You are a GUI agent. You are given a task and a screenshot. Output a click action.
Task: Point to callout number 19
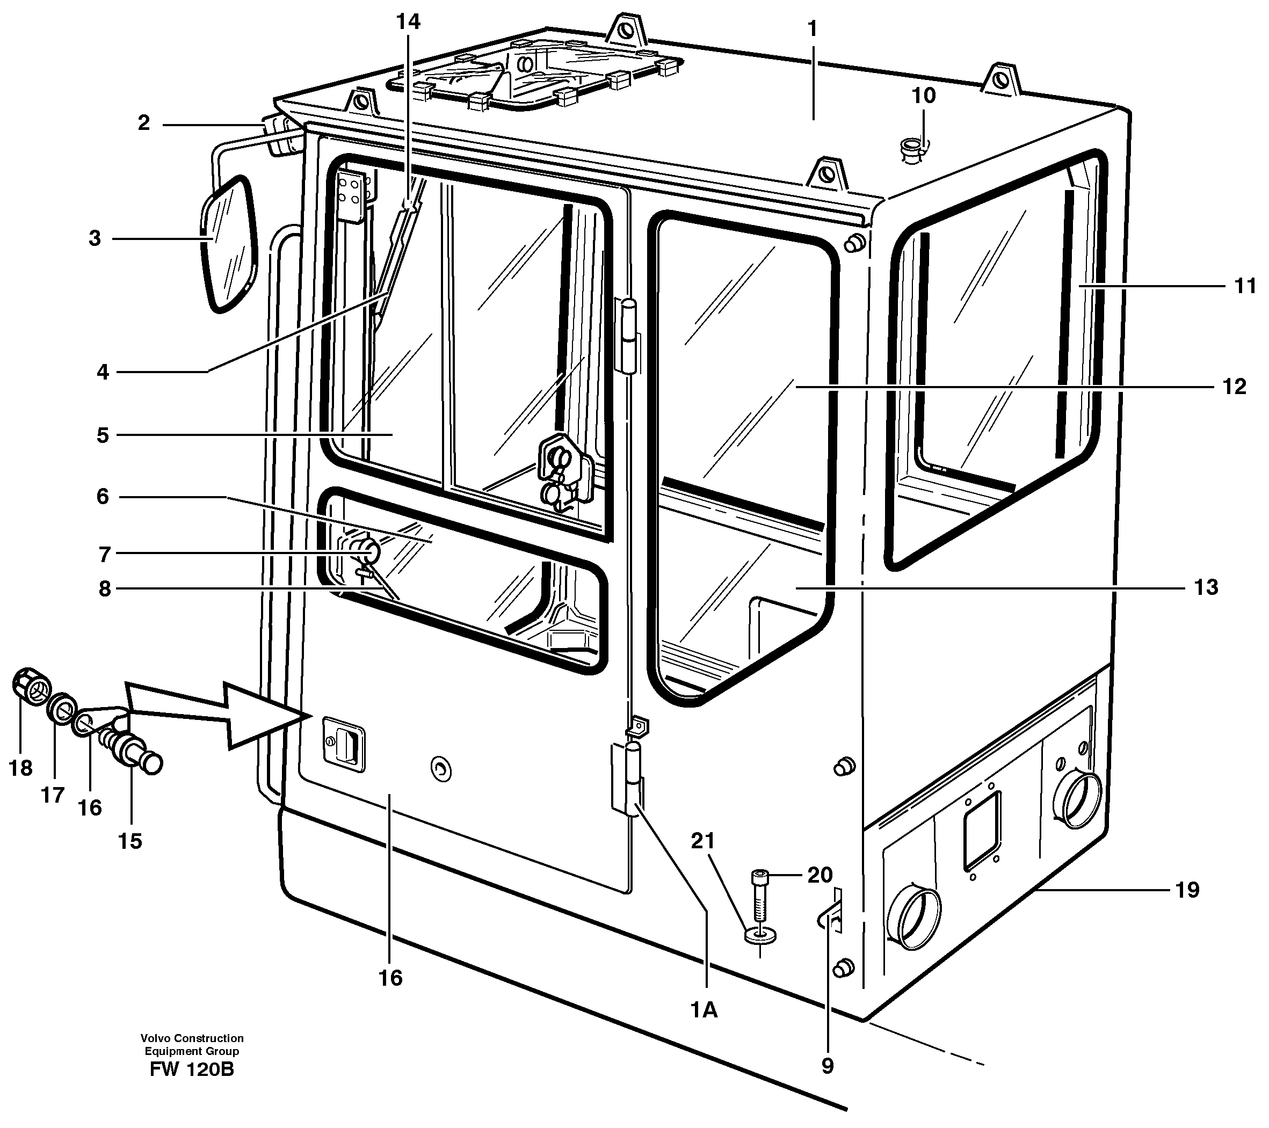pos(1187,890)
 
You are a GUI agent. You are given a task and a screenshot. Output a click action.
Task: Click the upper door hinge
pos(628,335)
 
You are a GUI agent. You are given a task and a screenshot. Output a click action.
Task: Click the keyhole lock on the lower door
pos(441,770)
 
